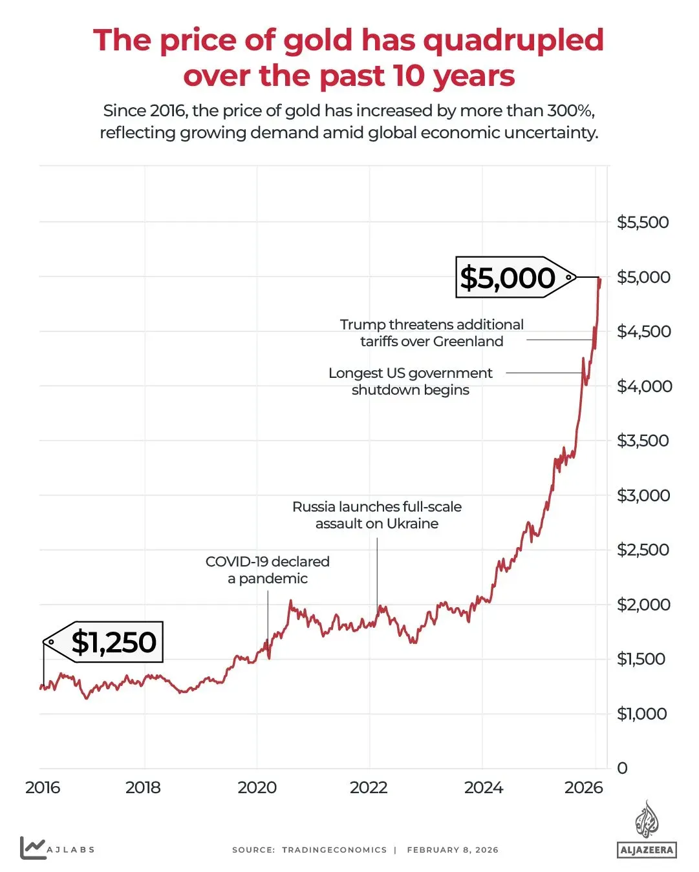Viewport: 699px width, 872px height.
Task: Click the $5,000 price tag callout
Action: pyautogui.click(x=508, y=278)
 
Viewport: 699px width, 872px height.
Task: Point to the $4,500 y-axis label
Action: pyautogui.click(x=644, y=331)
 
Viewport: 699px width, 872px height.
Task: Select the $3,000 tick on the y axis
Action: pyautogui.click(x=643, y=495)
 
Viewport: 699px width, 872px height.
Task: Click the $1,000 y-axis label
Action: pyautogui.click(x=641, y=714)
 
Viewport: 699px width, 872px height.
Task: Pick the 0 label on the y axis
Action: pyautogui.click(x=622, y=768)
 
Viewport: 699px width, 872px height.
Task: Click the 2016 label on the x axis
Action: pyautogui.click(x=43, y=787)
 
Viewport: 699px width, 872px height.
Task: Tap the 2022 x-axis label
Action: pyautogui.click(x=369, y=787)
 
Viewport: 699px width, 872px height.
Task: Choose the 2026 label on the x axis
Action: pyautogui.click(x=583, y=787)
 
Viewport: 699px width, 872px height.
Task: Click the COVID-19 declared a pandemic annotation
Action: pyautogui.click(x=268, y=570)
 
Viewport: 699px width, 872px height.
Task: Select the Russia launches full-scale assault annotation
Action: pyautogui.click(x=377, y=515)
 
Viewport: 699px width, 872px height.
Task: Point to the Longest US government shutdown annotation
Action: pyautogui.click(x=411, y=381)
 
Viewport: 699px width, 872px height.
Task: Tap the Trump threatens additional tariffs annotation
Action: pyautogui.click(x=432, y=333)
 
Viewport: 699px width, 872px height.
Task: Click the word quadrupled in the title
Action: pyautogui.click(x=513, y=40)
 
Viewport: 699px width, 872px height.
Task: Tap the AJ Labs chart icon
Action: pyautogui.click(x=32, y=847)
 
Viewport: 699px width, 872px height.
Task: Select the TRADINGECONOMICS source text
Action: pyautogui.click(x=334, y=850)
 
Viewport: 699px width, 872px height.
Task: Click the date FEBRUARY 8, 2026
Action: pyautogui.click(x=453, y=850)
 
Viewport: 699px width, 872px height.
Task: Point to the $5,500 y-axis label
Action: pyautogui.click(x=643, y=222)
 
